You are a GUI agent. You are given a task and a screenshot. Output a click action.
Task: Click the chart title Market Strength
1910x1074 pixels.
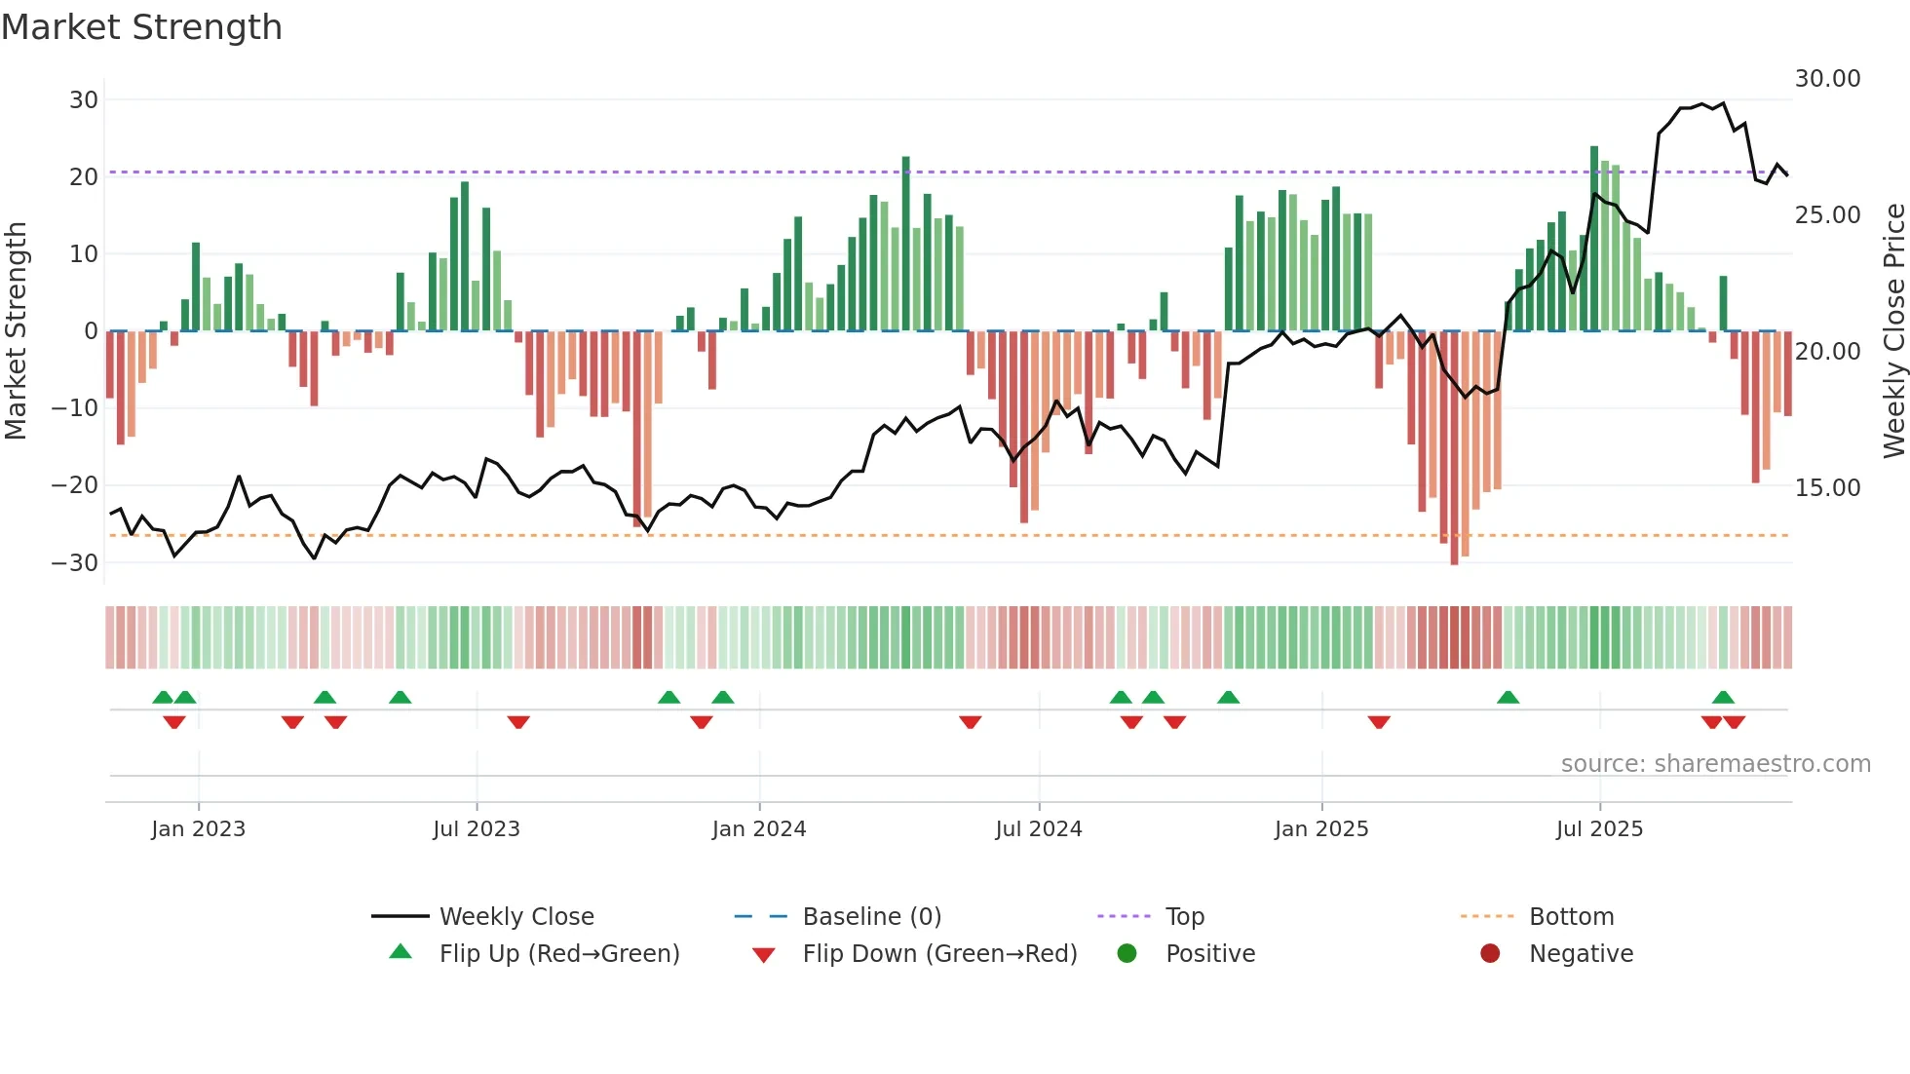point(141,27)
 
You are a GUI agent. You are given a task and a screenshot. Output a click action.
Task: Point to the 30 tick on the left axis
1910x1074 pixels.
point(84,100)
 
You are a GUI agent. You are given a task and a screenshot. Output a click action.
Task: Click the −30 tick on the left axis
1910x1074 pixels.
point(75,562)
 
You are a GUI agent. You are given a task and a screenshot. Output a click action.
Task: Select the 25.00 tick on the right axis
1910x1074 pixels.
point(1827,215)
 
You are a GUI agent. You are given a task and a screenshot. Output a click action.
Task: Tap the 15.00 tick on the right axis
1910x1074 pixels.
point(1827,488)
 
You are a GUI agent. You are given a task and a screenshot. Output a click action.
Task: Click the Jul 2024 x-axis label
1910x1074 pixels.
point(1038,829)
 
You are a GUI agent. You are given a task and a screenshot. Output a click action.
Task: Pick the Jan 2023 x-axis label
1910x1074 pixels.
point(198,829)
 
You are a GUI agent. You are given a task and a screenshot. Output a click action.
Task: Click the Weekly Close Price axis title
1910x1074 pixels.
point(1893,331)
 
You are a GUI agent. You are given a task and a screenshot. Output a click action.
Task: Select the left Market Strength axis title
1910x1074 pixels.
point(16,331)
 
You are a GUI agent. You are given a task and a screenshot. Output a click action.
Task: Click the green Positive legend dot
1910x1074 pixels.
point(1127,954)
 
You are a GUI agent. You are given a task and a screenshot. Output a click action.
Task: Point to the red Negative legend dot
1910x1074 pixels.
point(1489,954)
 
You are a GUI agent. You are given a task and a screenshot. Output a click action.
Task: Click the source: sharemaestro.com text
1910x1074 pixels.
point(1715,764)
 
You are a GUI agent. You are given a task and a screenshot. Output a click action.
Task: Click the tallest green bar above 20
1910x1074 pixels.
point(1594,239)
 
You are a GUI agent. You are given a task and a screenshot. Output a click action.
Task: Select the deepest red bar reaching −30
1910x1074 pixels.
point(1454,448)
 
